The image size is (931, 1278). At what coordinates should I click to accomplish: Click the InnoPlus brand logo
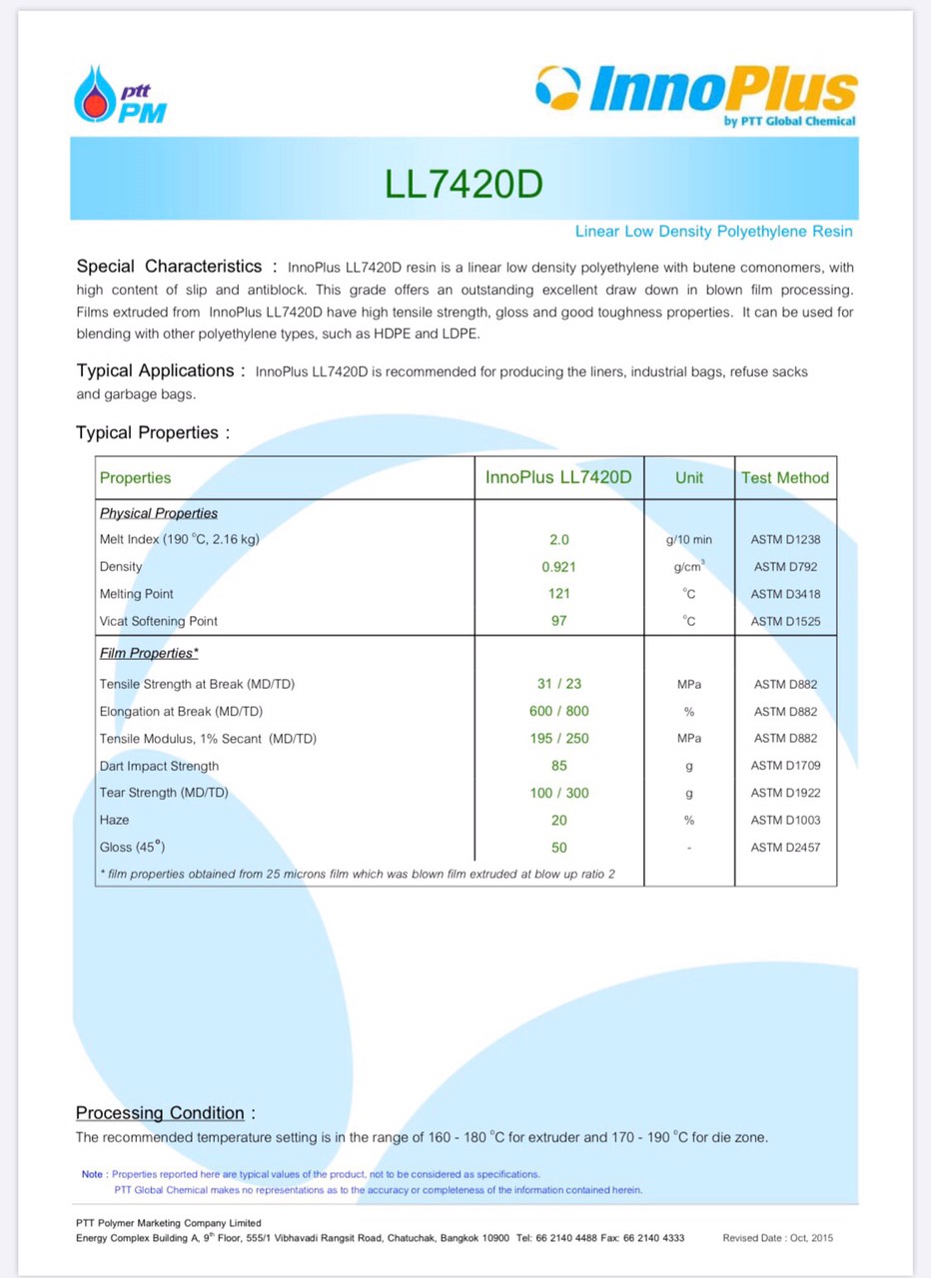696,95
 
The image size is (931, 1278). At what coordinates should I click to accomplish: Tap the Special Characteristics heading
170,267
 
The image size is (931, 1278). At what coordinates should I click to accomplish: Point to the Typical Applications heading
155,370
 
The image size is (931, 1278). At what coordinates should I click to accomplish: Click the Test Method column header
785,478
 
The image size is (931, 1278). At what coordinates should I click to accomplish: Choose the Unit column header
689,478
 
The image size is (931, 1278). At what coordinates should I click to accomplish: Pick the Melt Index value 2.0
558,540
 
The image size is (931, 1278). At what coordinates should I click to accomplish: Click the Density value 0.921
558,567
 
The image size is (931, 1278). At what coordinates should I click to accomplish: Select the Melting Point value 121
558,594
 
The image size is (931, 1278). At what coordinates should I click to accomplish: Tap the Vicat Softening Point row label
159,621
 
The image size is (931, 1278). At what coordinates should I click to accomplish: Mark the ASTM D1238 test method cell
785,540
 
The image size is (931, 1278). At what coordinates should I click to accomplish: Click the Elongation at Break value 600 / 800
558,712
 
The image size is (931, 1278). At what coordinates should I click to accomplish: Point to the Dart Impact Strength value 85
558,766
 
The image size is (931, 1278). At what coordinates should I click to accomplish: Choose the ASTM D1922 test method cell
785,793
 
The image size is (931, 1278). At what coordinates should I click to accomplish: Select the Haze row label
115,820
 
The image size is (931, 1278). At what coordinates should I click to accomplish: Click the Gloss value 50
558,848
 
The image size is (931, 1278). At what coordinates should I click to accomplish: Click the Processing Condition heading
160,1113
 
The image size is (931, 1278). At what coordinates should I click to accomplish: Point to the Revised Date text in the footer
777,1238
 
